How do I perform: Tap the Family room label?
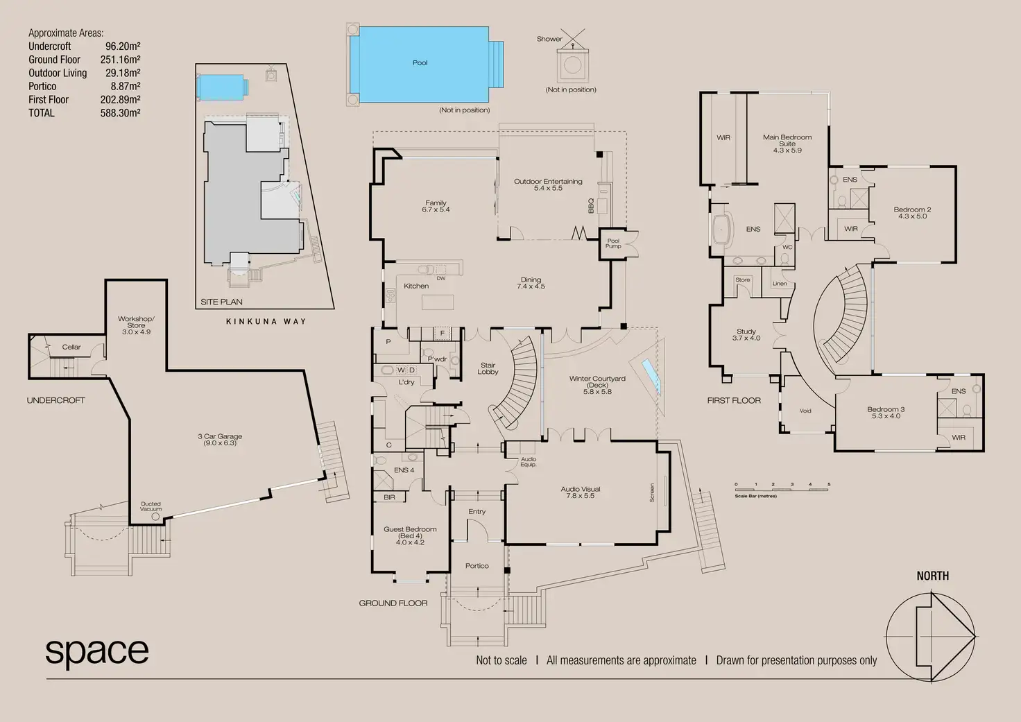point(436,206)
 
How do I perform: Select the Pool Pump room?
point(613,243)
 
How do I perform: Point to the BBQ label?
point(591,205)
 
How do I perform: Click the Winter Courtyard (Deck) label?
point(597,385)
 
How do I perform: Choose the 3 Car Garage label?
point(220,439)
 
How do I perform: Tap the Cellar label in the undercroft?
point(71,347)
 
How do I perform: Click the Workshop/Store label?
point(136,325)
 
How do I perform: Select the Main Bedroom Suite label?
point(787,143)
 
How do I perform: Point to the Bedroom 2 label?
point(912,212)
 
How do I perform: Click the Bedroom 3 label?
point(886,412)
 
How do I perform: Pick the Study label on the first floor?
point(746,334)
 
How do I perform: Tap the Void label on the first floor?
point(805,411)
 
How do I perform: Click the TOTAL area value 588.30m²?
point(120,113)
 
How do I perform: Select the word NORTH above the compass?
point(932,576)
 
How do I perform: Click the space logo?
point(97,651)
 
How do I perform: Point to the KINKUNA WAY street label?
point(266,321)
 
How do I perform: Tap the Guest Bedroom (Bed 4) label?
point(410,535)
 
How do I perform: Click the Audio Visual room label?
point(581,492)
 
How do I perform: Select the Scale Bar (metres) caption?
point(755,496)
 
